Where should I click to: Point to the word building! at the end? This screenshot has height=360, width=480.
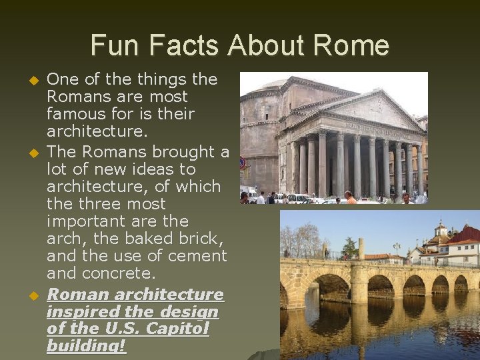(86, 346)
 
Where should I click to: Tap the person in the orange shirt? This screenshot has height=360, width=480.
(349, 198)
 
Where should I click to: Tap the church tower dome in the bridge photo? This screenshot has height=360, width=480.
(441, 229)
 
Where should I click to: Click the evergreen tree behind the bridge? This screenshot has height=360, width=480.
(349, 248)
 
